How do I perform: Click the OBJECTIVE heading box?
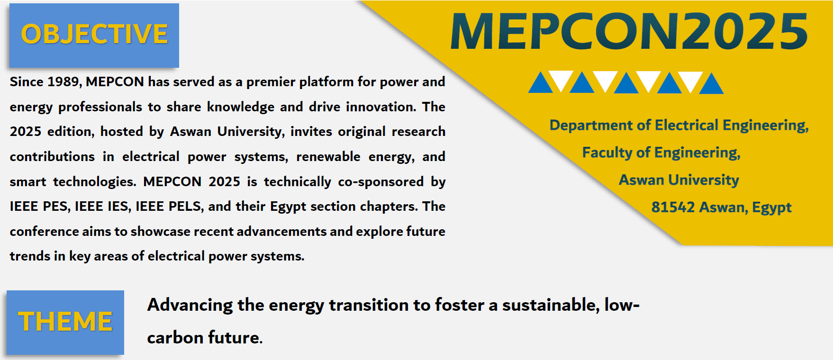click(94, 36)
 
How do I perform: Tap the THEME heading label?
click(65, 322)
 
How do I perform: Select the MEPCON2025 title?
click(629, 31)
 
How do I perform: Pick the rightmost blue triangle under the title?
click(711, 83)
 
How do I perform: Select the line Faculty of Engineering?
click(661, 153)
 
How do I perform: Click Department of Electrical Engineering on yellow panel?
click(679, 126)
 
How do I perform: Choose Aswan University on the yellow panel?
click(679, 180)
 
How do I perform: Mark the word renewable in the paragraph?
click(328, 157)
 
